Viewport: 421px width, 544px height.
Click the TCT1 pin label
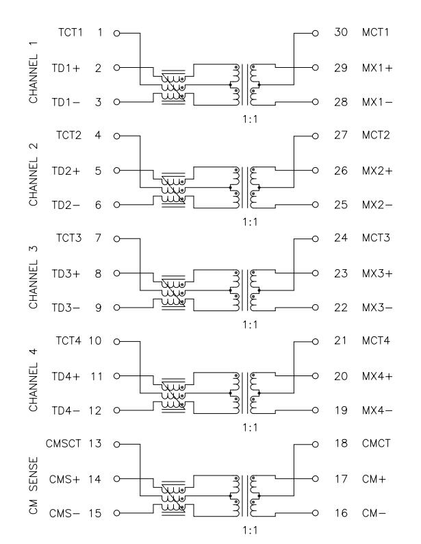[x=71, y=32]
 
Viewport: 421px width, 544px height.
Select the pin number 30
[x=341, y=32]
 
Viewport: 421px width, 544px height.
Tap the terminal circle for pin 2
[x=117, y=68]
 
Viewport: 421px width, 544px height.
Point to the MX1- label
[x=377, y=102]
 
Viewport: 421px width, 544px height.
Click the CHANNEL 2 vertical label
[x=34, y=174]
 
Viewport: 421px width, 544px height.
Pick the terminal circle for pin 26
[x=315, y=171]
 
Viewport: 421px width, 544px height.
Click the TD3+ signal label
[x=66, y=274]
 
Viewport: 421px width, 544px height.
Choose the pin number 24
[x=341, y=238]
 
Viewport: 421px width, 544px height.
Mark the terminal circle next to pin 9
[x=117, y=308]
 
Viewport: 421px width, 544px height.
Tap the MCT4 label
[x=376, y=341]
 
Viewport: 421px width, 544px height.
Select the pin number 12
[x=95, y=410]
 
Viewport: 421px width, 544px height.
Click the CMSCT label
[x=64, y=443]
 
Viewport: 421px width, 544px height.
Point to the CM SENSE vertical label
[x=34, y=485]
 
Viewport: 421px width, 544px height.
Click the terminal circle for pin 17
[x=315, y=479]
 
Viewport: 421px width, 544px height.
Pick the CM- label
[x=374, y=512]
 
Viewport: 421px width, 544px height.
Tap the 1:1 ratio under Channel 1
[x=250, y=119]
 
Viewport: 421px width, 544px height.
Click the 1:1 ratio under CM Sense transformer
[x=250, y=530]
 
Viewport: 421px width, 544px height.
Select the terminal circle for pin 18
[x=315, y=445]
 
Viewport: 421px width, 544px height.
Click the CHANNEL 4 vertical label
[x=34, y=380]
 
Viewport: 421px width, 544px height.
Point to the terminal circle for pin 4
[x=117, y=136]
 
